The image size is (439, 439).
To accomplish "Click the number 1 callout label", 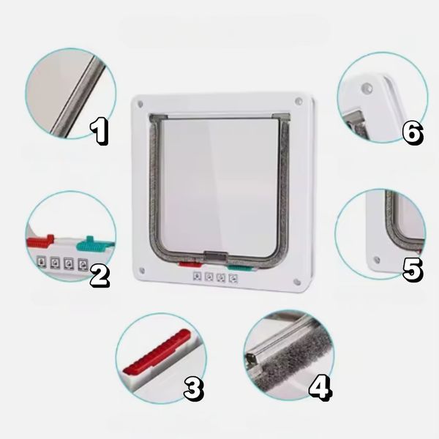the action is [x=99, y=131].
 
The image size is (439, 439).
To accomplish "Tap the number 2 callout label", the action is [x=100, y=276].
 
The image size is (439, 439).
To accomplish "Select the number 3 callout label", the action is [x=194, y=389].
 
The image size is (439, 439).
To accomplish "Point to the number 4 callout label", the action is [x=320, y=387].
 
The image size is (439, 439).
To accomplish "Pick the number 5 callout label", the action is [x=412, y=269].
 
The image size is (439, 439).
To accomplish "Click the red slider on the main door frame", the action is [x=190, y=264].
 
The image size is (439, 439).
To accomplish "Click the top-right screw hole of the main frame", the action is [x=299, y=100].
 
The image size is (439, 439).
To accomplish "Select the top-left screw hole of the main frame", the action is [x=140, y=105].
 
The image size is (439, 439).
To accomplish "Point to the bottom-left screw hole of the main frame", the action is [x=142, y=271].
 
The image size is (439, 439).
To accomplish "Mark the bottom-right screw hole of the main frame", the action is [x=297, y=282].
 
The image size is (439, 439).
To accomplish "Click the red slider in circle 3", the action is [x=157, y=352].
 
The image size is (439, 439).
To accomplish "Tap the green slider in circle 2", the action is [x=94, y=244].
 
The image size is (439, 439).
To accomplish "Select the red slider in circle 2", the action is [x=40, y=240].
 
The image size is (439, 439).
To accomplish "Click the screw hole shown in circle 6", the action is [x=367, y=88].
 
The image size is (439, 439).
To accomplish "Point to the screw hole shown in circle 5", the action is [x=377, y=260].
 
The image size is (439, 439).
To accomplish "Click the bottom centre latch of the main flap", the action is [x=216, y=256].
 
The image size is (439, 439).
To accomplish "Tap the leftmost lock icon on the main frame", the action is [x=198, y=277].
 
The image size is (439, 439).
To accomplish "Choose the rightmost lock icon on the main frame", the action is [x=233, y=278].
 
